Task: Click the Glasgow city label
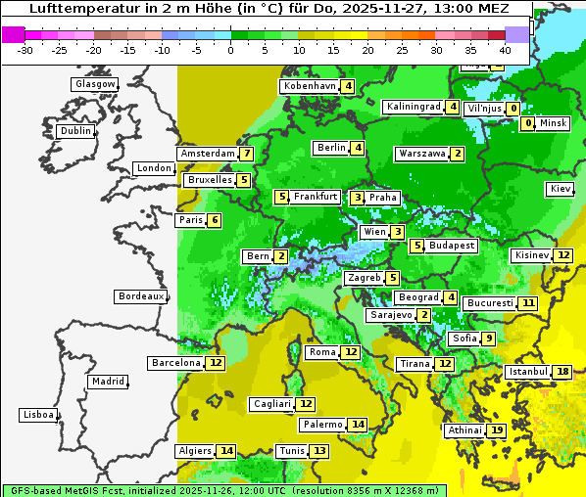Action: point(95,84)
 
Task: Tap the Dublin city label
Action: point(75,131)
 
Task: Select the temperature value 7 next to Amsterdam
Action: point(247,154)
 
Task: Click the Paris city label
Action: point(190,220)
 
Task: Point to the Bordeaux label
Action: point(140,296)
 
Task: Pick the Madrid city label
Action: point(107,382)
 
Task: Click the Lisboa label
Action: point(38,415)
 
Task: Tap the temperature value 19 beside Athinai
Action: point(497,430)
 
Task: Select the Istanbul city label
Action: point(527,372)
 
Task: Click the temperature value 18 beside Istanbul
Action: point(562,372)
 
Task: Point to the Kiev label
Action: point(561,189)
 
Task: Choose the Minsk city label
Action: point(553,123)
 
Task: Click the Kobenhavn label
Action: point(310,86)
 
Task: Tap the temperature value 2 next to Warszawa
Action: point(458,154)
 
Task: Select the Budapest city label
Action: point(452,246)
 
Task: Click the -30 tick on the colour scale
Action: point(25,50)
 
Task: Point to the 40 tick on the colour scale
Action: point(505,50)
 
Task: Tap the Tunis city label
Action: point(291,451)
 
